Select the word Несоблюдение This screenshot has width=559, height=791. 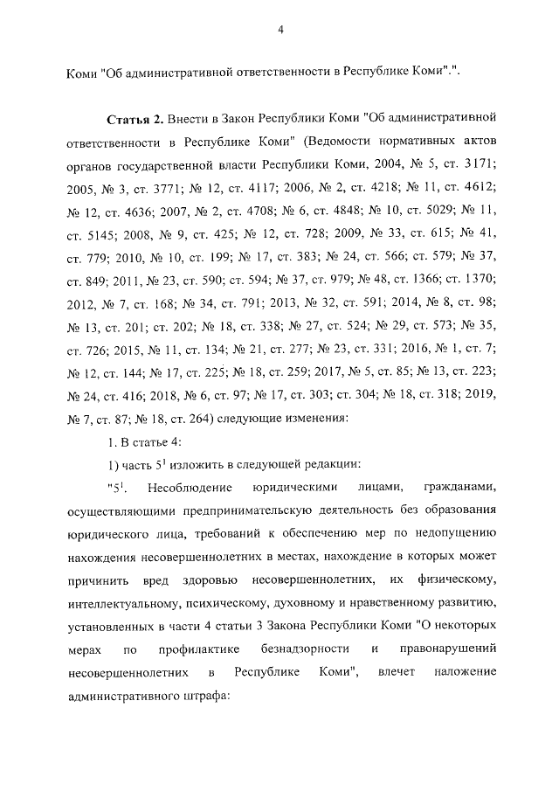coord(190,488)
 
